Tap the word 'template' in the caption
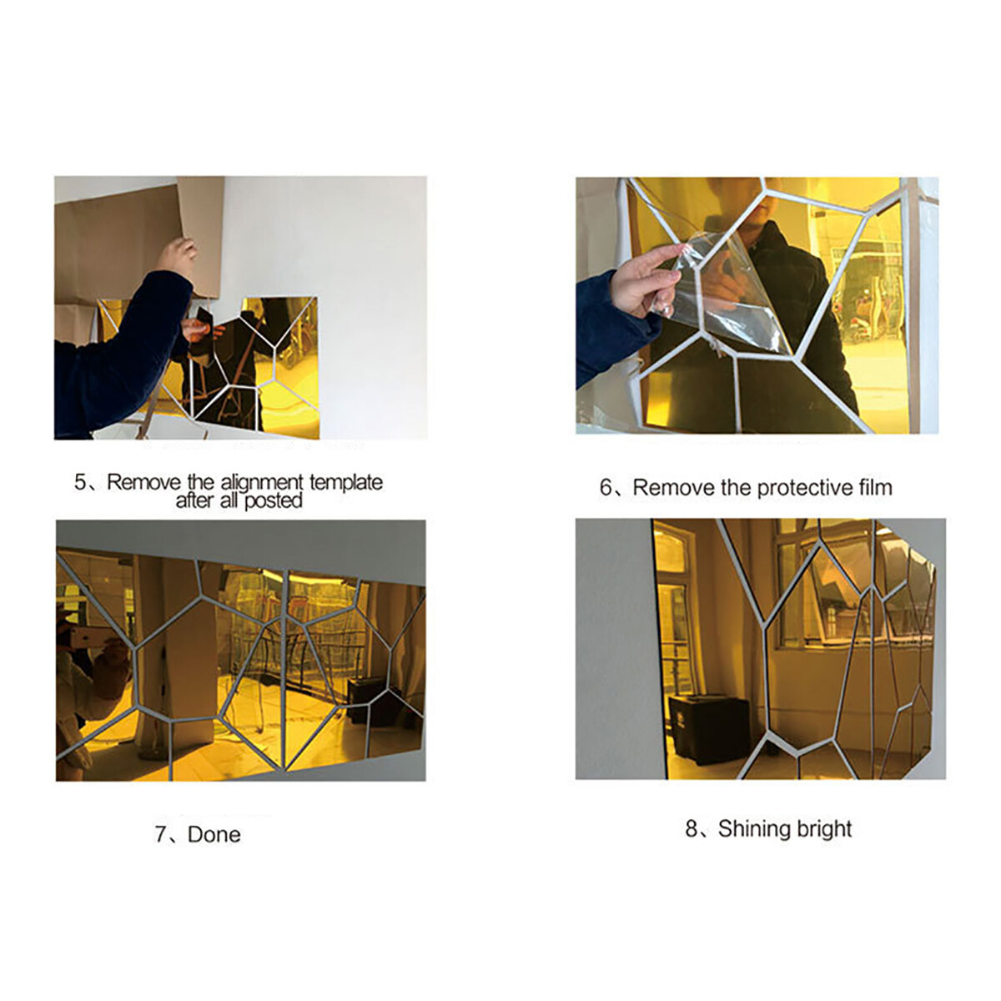(346, 483)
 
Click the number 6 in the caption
(606, 487)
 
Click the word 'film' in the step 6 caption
(876, 487)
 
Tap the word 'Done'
(214, 835)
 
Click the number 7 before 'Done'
(161, 835)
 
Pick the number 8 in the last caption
(692, 829)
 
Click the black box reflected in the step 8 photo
(709, 731)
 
